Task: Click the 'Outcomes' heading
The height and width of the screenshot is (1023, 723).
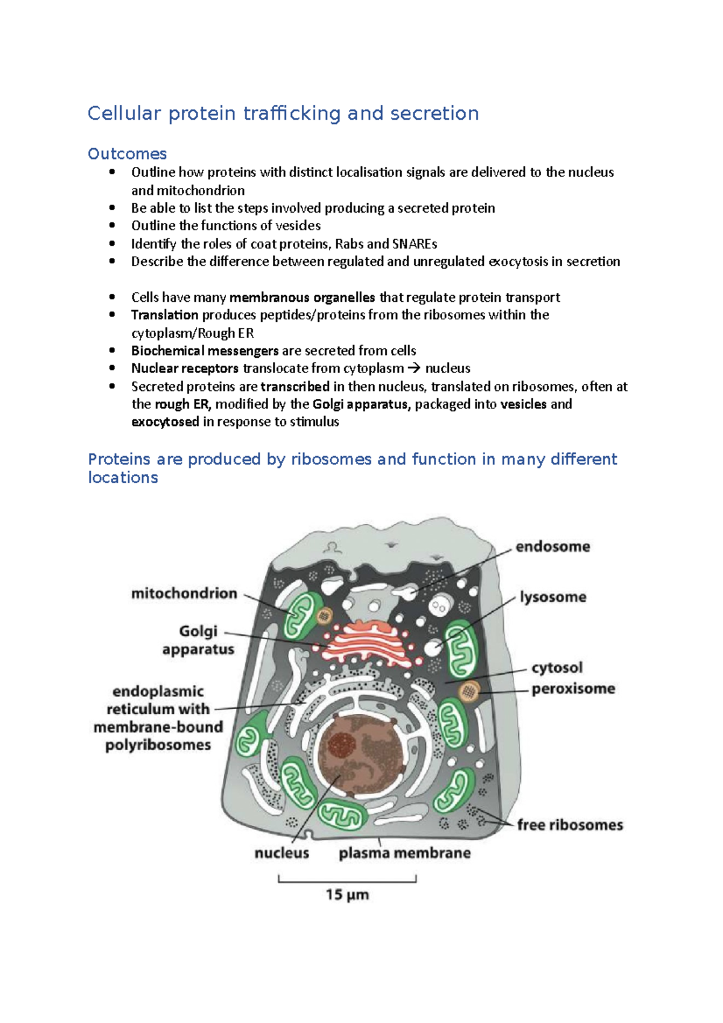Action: click(x=127, y=154)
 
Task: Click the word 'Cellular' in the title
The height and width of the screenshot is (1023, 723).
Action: click(x=124, y=113)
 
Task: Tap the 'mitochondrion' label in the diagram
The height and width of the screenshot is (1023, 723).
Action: click(x=184, y=593)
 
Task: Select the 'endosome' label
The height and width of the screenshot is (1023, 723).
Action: click(x=552, y=546)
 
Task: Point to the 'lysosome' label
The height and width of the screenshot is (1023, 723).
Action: click(x=552, y=597)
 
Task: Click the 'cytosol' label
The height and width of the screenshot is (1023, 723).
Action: click(x=557, y=668)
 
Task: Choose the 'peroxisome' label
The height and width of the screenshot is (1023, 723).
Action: click(x=573, y=689)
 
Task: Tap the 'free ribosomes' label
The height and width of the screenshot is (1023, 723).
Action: click(x=570, y=825)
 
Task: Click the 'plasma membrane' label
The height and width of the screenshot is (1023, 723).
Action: click(x=404, y=853)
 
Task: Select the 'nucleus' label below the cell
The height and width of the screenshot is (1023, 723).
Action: click(x=281, y=853)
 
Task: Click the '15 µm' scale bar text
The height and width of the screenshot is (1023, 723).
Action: click(x=347, y=895)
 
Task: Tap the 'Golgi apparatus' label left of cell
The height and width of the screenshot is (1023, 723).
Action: click(x=198, y=640)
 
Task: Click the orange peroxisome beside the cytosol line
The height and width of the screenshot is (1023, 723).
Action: click(x=468, y=690)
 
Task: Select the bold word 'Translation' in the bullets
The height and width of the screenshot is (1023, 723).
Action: click(x=164, y=315)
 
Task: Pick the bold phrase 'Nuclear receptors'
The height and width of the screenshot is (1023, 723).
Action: click(x=185, y=368)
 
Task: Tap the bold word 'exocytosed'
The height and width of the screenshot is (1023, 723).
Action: click(x=165, y=422)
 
